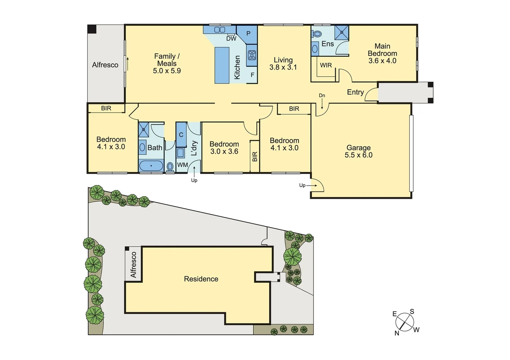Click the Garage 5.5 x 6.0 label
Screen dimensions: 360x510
[359, 151]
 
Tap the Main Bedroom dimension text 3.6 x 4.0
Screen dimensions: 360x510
[382, 61]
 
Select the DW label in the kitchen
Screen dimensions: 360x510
[231, 39]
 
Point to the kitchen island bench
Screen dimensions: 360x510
[222, 65]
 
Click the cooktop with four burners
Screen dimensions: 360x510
[252, 55]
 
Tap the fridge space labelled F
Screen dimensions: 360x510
[252, 75]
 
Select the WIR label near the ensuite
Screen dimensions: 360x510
[326, 65]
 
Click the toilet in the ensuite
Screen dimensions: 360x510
[317, 34]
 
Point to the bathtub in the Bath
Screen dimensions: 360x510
[151, 165]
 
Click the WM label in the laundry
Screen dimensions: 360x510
[182, 165]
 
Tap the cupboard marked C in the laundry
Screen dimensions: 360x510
[181, 135]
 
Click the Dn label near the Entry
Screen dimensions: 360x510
[322, 96]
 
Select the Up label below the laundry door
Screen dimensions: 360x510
[194, 180]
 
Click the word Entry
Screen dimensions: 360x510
[355, 92]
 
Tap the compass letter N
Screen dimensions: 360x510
[397, 333]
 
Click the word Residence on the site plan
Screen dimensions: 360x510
[201, 279]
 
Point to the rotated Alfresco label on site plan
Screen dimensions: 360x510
[133, 265]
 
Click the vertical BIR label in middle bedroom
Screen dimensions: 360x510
[255, 157]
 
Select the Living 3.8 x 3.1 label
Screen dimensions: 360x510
[283, 64]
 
